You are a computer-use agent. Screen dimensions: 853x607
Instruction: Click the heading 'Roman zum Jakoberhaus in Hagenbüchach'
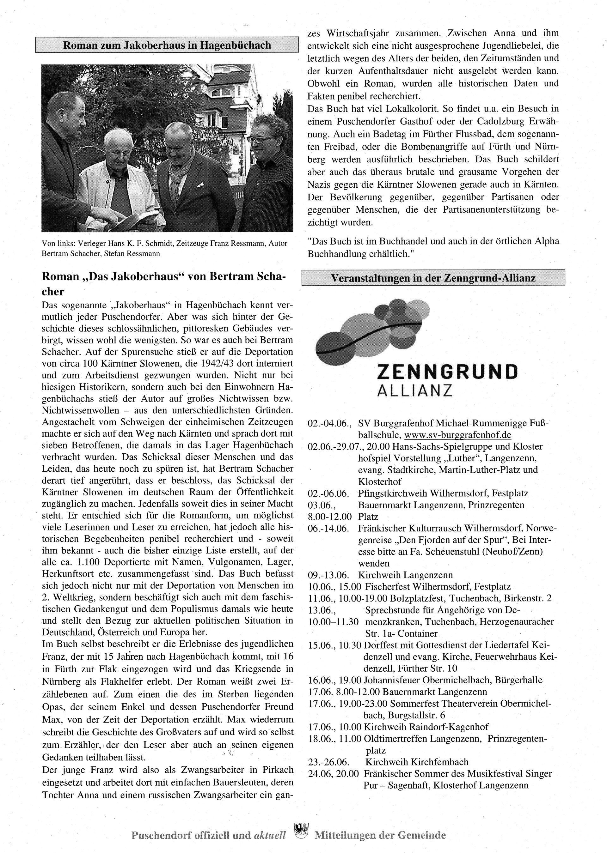(x=167, y=45)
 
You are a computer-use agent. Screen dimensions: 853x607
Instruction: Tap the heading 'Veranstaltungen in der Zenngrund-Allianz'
(x=433, y=278)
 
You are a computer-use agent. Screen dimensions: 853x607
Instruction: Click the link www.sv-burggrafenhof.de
(x=457, y=435)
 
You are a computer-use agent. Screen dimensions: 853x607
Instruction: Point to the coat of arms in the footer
(x=301, y=830)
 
